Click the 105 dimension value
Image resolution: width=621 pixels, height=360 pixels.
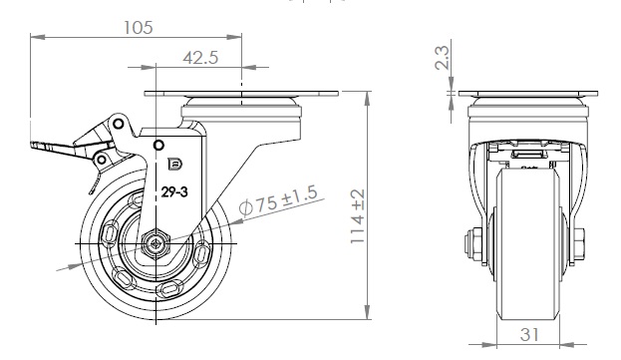138,28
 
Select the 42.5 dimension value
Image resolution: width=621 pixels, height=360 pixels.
200,58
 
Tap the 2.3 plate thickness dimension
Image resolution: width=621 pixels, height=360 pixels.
442,58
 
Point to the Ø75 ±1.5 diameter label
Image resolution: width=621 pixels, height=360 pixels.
279,201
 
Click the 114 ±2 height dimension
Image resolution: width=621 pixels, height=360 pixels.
358,216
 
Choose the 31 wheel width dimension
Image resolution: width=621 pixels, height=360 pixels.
529,335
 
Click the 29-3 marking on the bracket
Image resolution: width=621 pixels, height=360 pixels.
174,192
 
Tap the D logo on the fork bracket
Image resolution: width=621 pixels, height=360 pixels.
174,164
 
